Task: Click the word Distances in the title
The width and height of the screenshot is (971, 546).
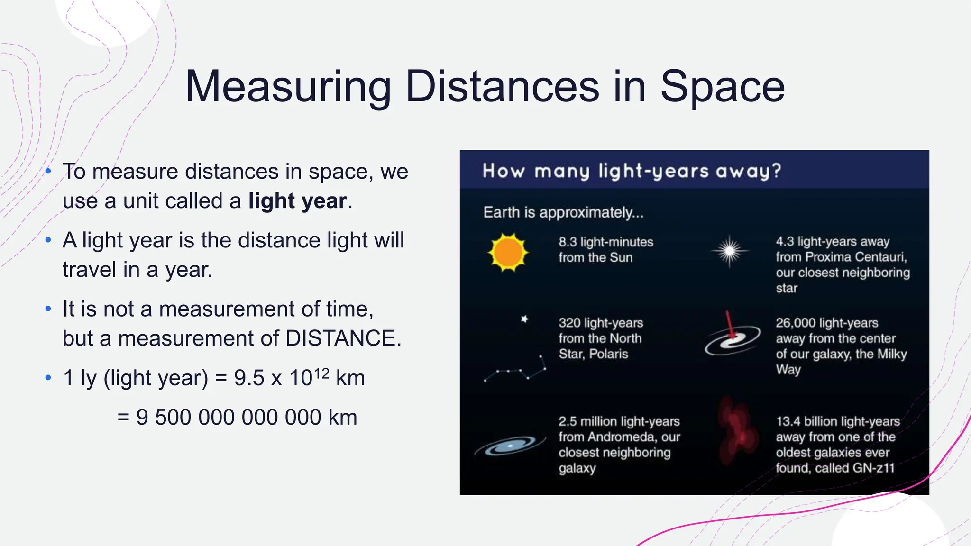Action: pyautogui.click(x=503, y=86)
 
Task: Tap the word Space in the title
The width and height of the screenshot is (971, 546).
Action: pyautogui.click(x=722, y=86)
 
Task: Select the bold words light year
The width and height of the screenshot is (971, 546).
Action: pyautogui.click(x=297, y=201)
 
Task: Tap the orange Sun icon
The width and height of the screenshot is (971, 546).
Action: pyautogui.click(x=508, y=252)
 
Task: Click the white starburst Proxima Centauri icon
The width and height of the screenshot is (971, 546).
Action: pyautogui.click(x=730, y=251)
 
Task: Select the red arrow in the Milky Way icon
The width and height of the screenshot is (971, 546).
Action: pyautogui.click(x=730, y=325)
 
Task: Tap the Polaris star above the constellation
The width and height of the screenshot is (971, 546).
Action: pyautogui.click(x=524, y=319)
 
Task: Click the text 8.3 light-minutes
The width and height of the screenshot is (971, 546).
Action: pyautogui.click(x=605, y=242)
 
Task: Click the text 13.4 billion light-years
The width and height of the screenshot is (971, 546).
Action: pyautogui.click(x=837, y=421)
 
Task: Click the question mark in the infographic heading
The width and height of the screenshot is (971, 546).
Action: pyautogui.click(x=776, y=171)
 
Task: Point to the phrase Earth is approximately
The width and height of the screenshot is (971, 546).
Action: pyautogui.click(x=563, y=212)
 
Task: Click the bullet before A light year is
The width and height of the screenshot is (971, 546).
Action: pyautogui.click(x=48, y=240)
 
